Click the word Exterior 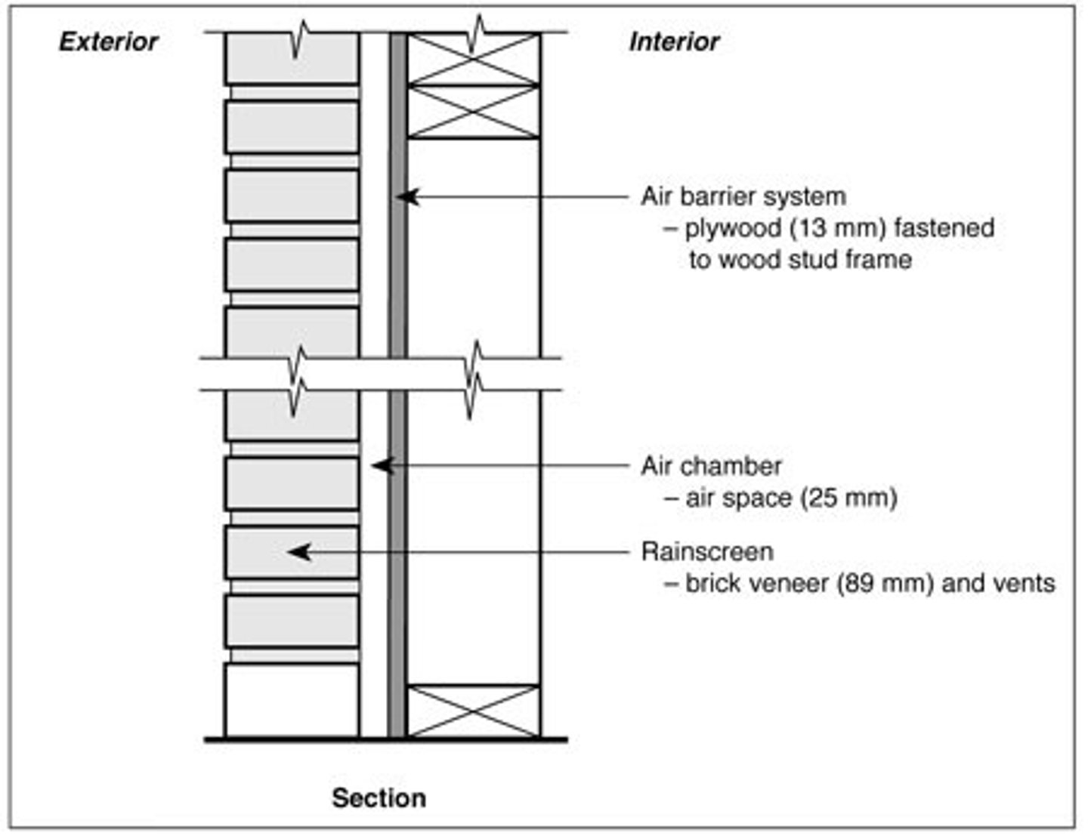pos(108,42)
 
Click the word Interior pos(673,42)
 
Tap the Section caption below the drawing pos(379,798)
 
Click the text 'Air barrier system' pos(743,196)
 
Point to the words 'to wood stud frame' pos(799,260)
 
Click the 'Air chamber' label pos(711,466)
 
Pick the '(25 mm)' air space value pos(849,498)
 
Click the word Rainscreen pos(707,552)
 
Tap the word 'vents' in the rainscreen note pos(1025,584)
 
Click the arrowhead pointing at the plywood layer pos(406,197)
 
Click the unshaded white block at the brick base pos(292,700)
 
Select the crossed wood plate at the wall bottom pos(474,711)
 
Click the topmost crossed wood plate pos(474,59)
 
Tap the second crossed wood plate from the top pos(474,112)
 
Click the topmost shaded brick pos(292,59)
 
